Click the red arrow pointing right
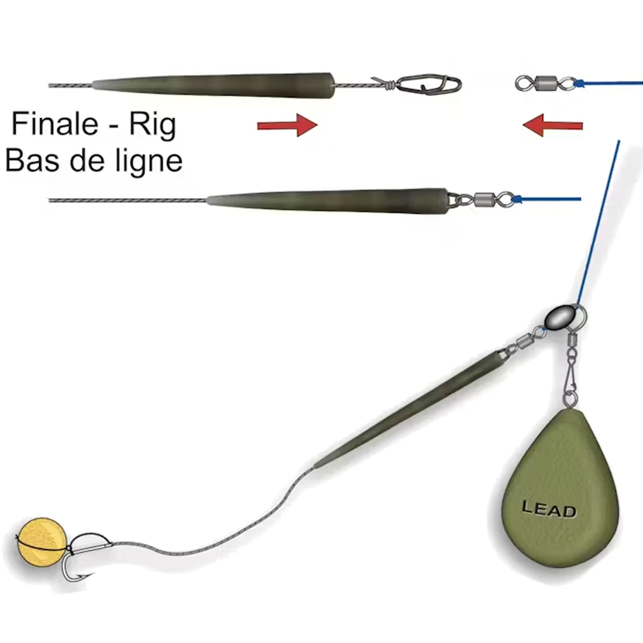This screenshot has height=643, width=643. point(287,125)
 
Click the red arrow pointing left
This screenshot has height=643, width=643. point(552,125)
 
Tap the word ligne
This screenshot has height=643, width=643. point(146,161)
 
